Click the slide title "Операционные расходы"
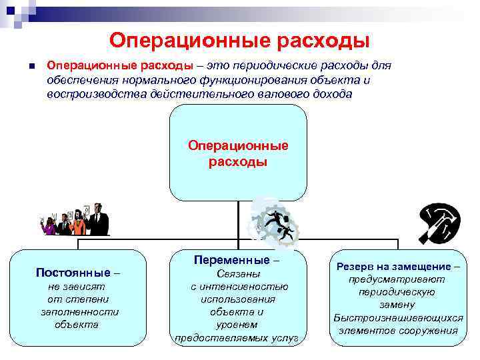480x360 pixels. pyautogui.click(x=239, y=41)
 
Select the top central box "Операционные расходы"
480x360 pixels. pyautogui.click(x=238, y=153)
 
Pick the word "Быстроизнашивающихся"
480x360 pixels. pyautogui.click(x=398, y=317)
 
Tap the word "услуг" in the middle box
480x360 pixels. pyautogui.click(x=284, y=337)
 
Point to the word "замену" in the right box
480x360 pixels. pyautogui.click(x=397, y=305)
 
